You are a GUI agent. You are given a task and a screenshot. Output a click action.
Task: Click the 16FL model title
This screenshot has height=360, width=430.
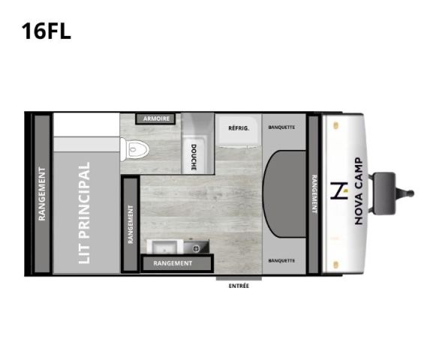tap(47, 31)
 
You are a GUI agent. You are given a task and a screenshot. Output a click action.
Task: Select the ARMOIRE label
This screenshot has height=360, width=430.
tap(156, 118)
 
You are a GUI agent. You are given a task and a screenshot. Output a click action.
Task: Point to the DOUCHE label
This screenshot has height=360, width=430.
tap(193, 157)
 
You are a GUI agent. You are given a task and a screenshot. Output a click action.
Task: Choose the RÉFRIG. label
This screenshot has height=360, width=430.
tap(239, 127)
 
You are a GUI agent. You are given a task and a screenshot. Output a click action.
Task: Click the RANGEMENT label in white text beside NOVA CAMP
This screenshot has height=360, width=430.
tap(313, 194)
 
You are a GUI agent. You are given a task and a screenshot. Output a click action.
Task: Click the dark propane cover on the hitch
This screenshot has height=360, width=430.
tap(384, 191)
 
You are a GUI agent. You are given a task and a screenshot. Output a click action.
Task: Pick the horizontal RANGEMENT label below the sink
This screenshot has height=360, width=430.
tap(173, 263)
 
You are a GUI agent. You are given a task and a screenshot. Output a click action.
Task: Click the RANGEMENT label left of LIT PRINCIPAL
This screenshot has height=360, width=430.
tap(42, 193)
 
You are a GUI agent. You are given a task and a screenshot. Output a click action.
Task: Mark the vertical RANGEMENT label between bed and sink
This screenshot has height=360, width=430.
tap(131, 225)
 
